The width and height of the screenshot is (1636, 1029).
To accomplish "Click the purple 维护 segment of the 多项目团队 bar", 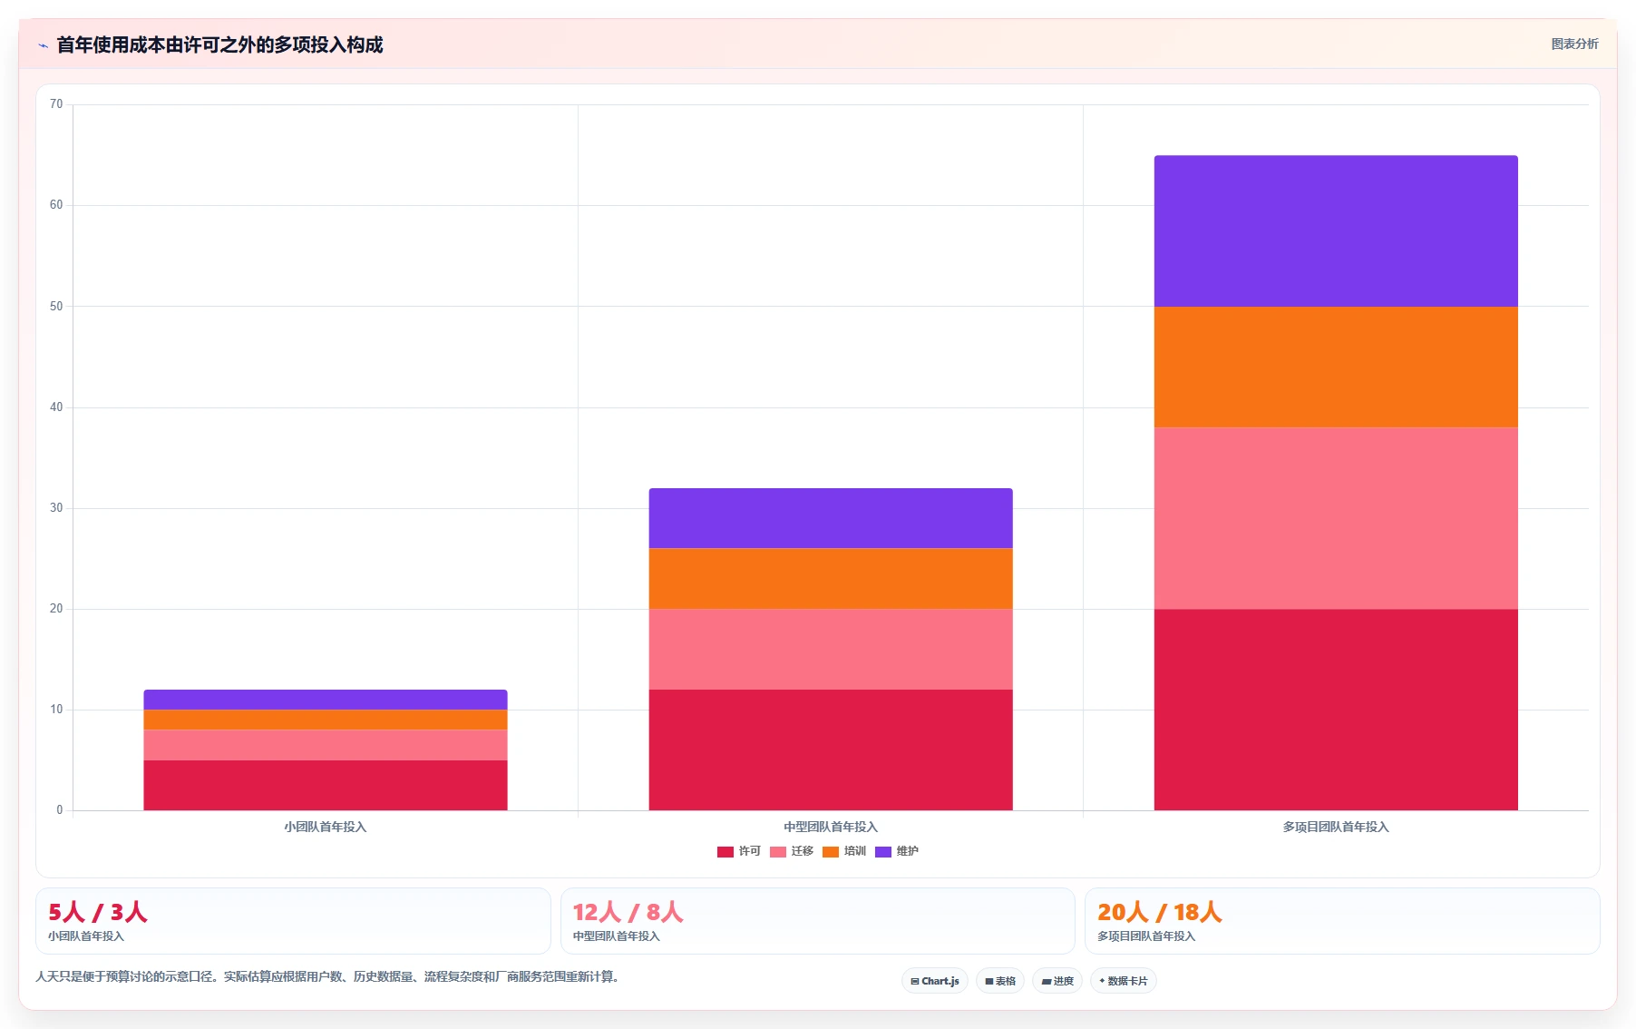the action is [x=1336, y=231].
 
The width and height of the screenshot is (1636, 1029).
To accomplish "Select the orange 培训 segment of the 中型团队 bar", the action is [x=831, y=578].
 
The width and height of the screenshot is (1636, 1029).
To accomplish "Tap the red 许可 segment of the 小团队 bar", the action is [x=326, y=785].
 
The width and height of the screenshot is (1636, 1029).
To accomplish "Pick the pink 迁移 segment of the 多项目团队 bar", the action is [x=1336, y=518].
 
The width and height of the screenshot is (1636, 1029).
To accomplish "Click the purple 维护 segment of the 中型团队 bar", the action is [x=831, y=518].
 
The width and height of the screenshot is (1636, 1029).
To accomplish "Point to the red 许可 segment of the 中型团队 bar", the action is [x=831, y=750].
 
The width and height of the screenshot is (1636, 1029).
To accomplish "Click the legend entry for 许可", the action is [x=739, y=851].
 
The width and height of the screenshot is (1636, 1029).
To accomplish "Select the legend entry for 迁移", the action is [x=792, y=851].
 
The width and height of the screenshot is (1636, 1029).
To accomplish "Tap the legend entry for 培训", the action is [x=844, y=851].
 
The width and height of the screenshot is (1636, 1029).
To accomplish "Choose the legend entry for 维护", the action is [x=897, y=851].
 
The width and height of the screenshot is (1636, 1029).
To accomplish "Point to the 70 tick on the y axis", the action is [x=56, y=104].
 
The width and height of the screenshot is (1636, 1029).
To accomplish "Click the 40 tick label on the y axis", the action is [x=56, y=407].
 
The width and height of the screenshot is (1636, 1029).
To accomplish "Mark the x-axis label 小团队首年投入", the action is [x=326, y=827].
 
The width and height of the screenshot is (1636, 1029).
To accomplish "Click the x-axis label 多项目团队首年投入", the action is [x=1336, y=827].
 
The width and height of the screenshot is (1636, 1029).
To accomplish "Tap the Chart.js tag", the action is [x=935, y=981].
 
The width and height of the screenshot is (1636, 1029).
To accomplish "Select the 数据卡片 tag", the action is [x=1124, y=981].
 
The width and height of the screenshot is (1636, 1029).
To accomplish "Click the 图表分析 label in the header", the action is [x=1574, y=44].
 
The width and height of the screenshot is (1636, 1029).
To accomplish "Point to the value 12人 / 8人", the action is [x=628, y=912].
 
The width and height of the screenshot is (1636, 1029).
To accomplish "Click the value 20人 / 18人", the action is [x=1160, y=912].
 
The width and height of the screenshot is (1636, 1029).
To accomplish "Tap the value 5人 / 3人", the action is [x=98, y=912].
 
